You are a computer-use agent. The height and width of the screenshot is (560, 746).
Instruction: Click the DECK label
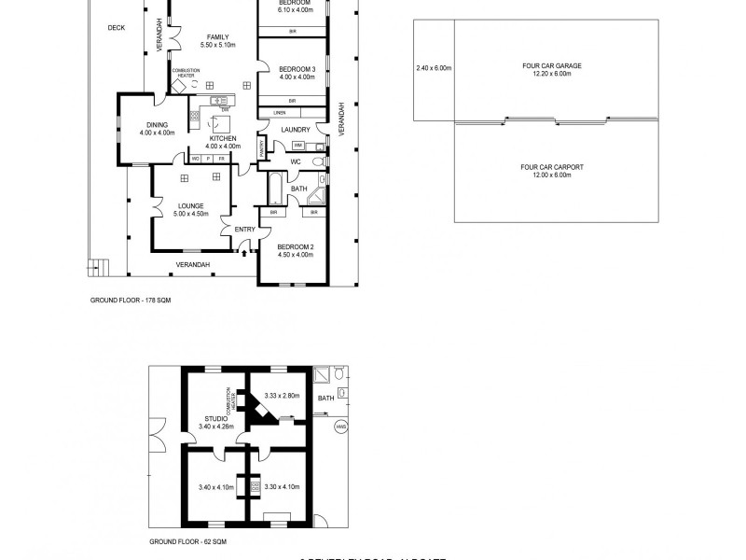tap(116, 28)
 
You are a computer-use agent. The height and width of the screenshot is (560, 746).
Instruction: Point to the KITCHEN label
tap(222, 138)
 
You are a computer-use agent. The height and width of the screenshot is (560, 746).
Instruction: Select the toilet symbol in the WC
tap(318, 161)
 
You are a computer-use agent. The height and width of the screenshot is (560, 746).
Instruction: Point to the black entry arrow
tap(244, 250)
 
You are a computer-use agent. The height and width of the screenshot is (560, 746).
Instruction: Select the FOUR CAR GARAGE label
tap(552, 66)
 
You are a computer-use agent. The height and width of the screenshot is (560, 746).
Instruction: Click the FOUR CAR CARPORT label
tap(552, 167)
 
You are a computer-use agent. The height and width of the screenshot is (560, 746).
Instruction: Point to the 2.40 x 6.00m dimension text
tap(434, 67)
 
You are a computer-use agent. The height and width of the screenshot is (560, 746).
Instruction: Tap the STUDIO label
tap(216, 419)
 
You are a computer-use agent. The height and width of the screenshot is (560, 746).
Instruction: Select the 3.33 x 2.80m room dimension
tap(282, 396)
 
